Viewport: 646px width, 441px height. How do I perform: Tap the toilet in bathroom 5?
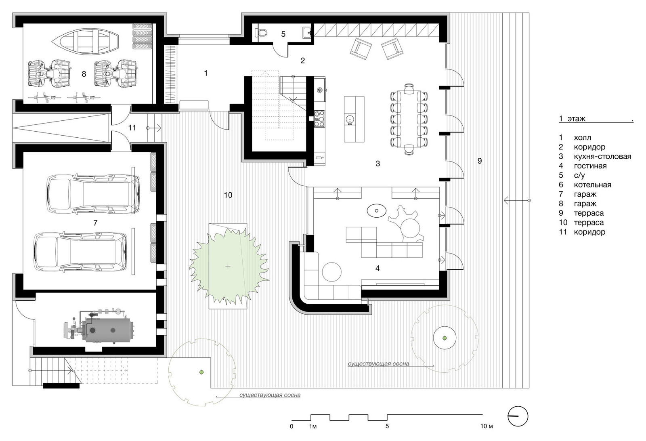point(261,32)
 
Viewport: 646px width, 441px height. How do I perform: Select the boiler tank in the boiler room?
point(108,330)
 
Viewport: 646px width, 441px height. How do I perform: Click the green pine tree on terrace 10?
point(229,266)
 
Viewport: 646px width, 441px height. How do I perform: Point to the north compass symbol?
point(518,416)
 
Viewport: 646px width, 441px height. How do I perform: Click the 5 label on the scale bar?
point(387,426)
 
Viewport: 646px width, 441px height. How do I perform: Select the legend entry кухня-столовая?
point(602,156)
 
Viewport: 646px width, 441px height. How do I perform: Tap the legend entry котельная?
point(592,185)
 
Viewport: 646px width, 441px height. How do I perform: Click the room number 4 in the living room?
point(378,268)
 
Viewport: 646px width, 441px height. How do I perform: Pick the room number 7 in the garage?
point(95,223)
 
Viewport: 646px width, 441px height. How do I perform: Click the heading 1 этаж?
point(572,119)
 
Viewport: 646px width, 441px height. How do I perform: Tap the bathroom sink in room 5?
point(307,32)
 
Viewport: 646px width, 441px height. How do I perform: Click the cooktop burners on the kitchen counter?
point(319,119)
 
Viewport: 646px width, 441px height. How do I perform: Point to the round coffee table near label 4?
point(331,272)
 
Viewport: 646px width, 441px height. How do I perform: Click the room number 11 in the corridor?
point(132,128)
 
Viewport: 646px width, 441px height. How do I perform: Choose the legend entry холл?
point(582,138)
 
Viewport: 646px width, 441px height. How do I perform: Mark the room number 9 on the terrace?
point(480,161)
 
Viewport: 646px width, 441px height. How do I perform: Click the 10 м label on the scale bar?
point(487,426)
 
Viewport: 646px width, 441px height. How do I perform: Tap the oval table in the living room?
point(377,210)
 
